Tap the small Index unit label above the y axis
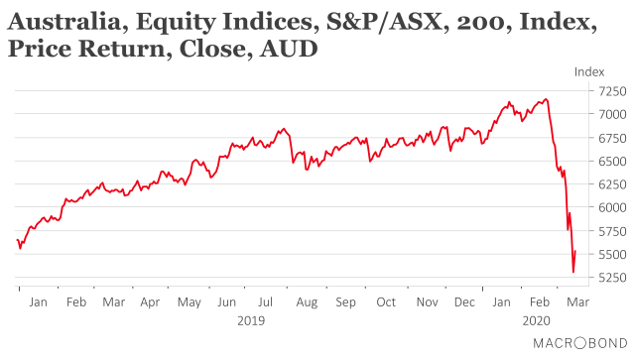[x=589, y=71]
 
